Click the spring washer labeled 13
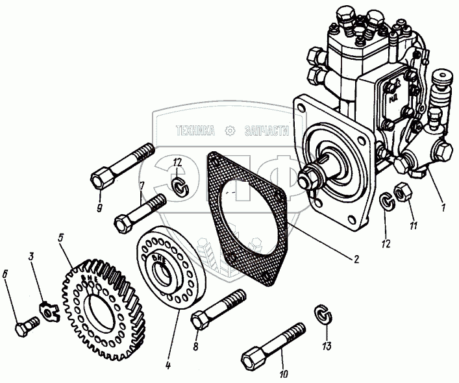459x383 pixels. (x=320, y=314)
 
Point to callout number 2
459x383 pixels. (x=355, y=259)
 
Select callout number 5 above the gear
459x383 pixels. (x=60, y=238)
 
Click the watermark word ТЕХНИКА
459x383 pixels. (x=195, y=130)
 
